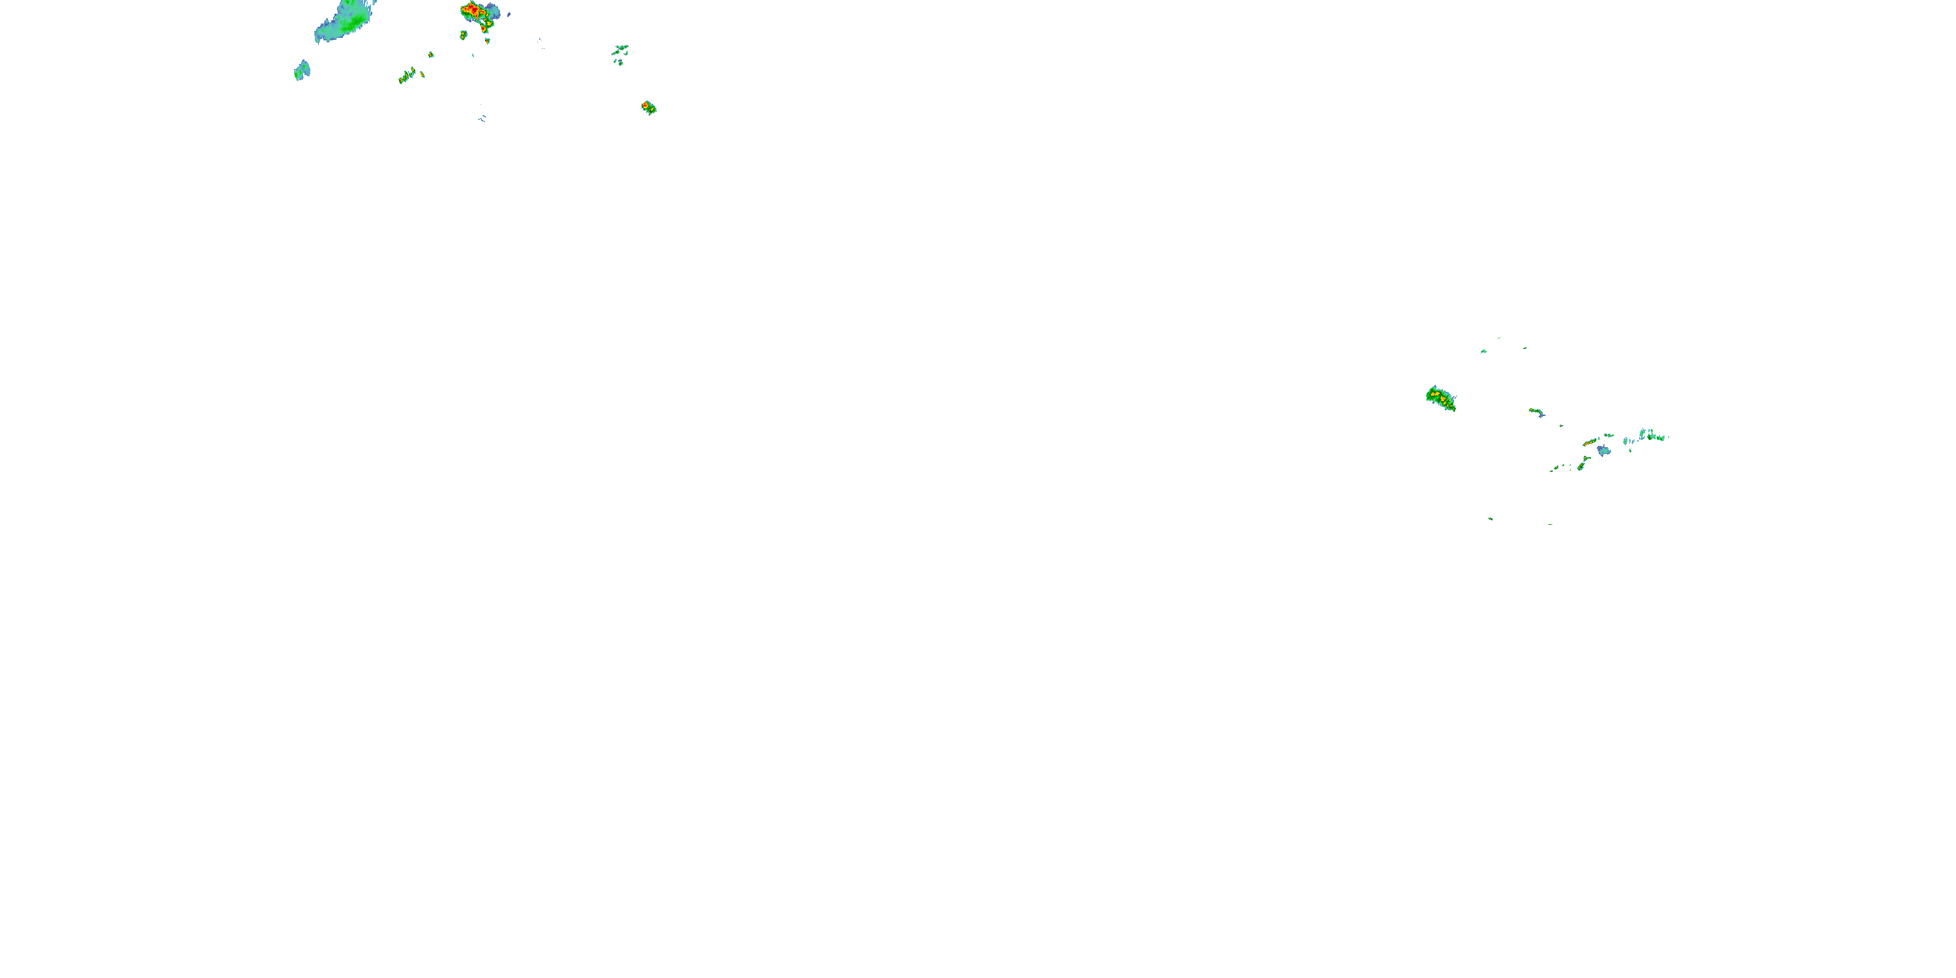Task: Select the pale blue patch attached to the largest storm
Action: click(x=494, y=10)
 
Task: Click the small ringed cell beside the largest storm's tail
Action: click(x=463, y=35)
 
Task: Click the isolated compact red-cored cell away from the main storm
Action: click(x=647, y=107)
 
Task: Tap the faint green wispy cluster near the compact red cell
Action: click(x=620, y=52)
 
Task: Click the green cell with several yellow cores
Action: click(x=1440, y=398)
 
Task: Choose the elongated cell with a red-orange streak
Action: click(x=1590, y=442)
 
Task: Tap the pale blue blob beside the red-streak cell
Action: click(x=1603, y=451)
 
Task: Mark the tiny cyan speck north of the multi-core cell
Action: click(x=1483, y=351)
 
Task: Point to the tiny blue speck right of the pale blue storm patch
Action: click(x=509, y=14)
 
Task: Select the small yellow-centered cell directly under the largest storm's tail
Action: click(x=488, y=40)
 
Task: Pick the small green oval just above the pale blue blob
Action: click(x=1607, y=436)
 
